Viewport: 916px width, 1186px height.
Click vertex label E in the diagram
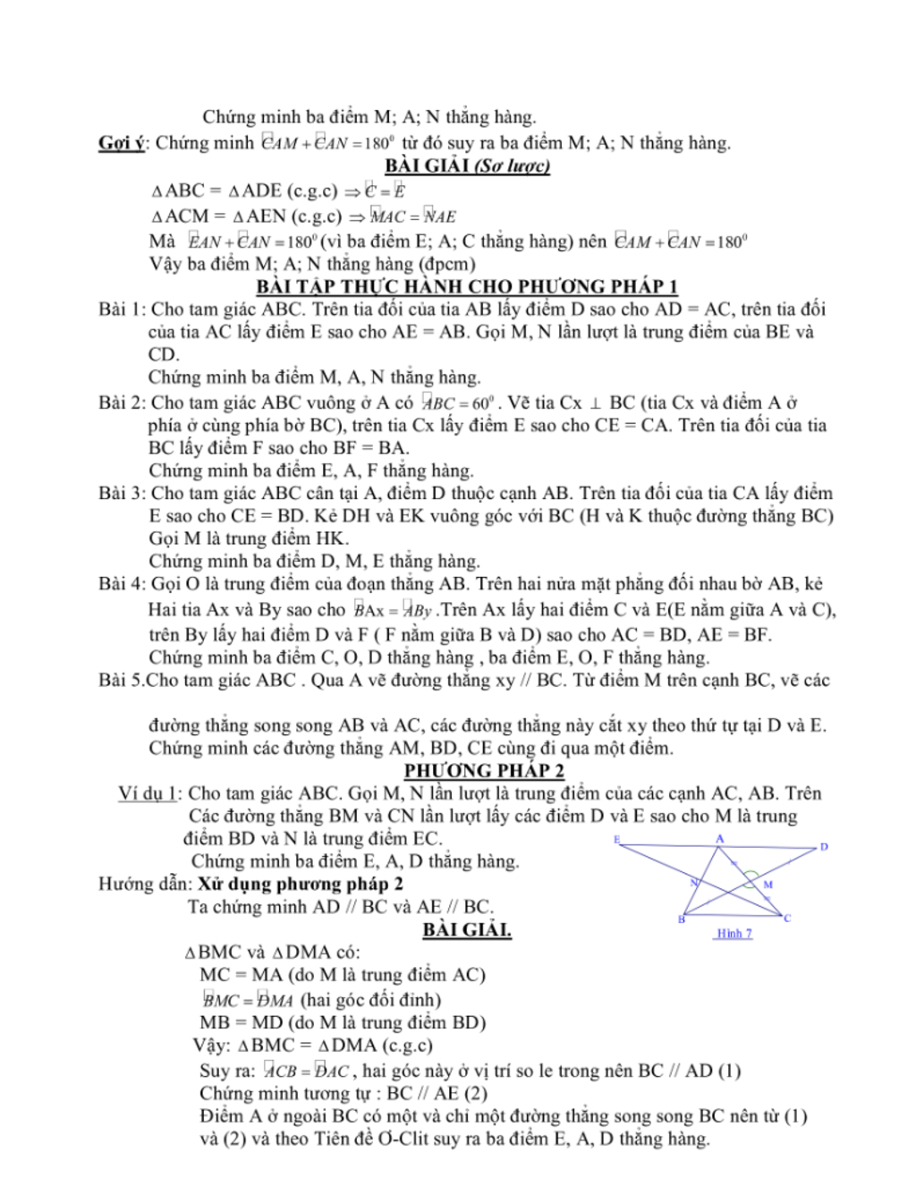click(616, 839)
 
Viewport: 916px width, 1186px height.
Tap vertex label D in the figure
click(824, 846)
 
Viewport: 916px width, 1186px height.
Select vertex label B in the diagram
click(682, 919)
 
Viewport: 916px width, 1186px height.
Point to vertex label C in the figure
click(787, 918)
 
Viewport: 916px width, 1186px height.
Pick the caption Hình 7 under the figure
click(734, 933)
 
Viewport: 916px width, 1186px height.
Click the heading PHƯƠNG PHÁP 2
click(484, 770)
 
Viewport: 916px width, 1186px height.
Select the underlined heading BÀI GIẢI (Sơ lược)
click(467, 165)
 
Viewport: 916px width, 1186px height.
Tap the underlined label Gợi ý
click(121, 142)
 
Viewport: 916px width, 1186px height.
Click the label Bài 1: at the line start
click(122, 309)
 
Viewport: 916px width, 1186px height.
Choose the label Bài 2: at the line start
click(122, 402)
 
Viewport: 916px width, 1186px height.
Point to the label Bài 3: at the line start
click(122, 493)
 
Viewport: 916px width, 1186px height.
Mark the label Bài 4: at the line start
click(122, 584)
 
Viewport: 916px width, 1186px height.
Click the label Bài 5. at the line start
click(121, 680)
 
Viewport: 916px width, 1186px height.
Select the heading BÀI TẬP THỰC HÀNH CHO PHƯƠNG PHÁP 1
click(467, 286)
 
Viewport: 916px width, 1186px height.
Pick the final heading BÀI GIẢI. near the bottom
click(467, 929)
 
